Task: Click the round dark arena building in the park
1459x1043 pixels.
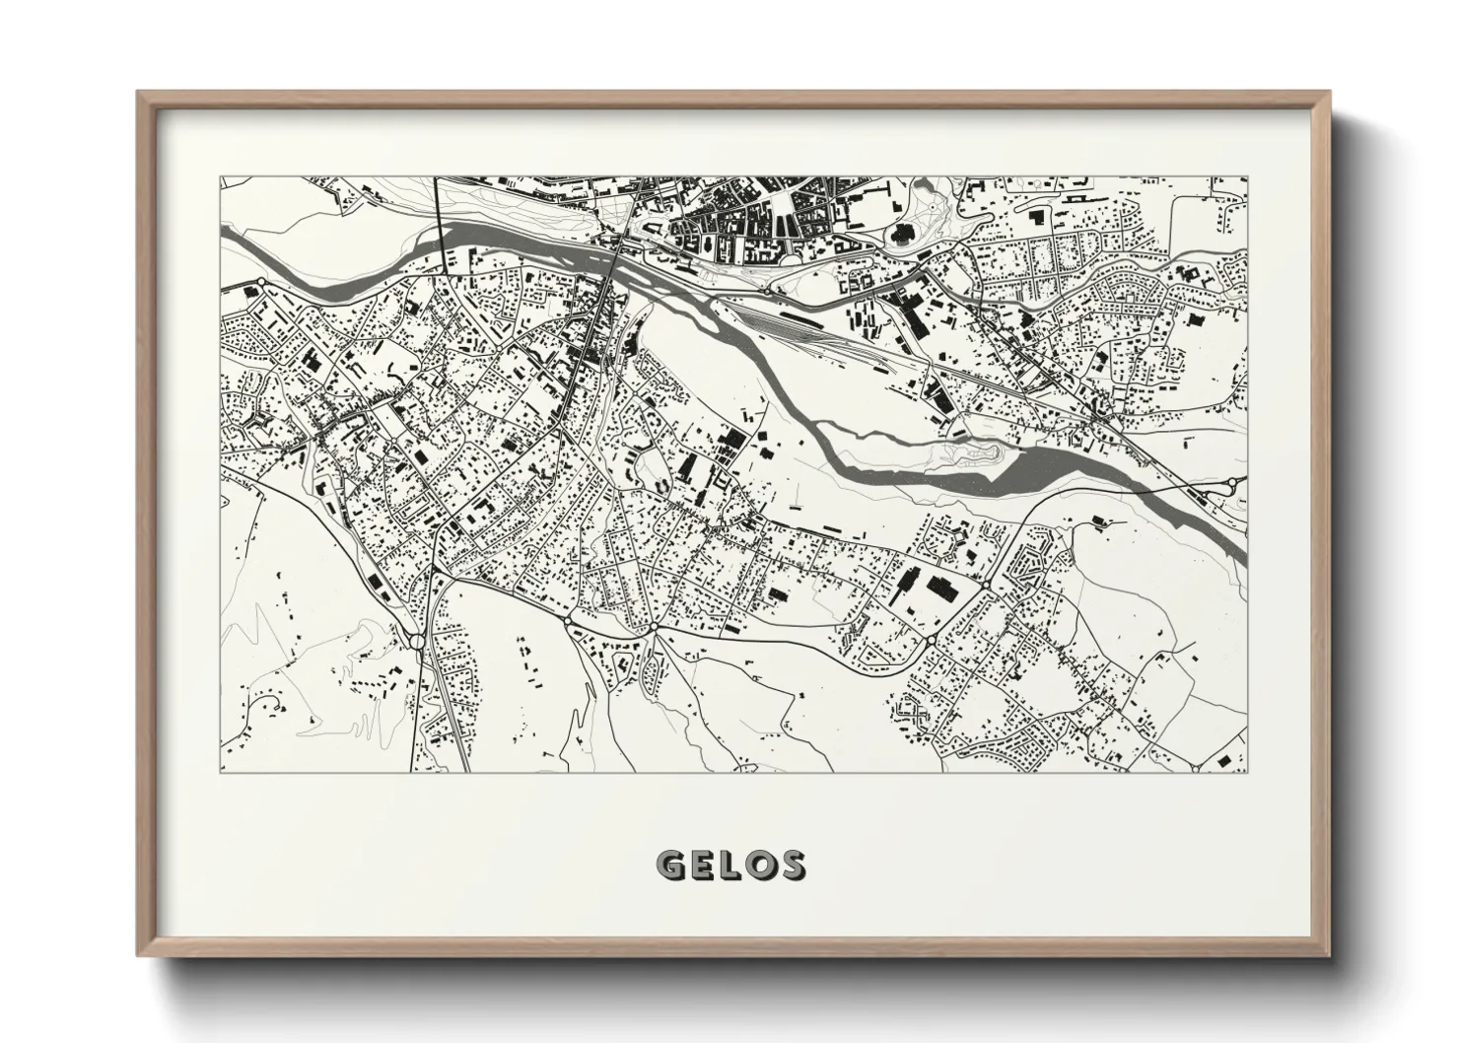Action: pos(902,235)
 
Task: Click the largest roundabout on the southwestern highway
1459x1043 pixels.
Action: pos(417,643)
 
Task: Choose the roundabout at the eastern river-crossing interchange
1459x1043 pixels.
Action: pos(1232,483)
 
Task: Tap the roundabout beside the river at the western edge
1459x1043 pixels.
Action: pos(261,283)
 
